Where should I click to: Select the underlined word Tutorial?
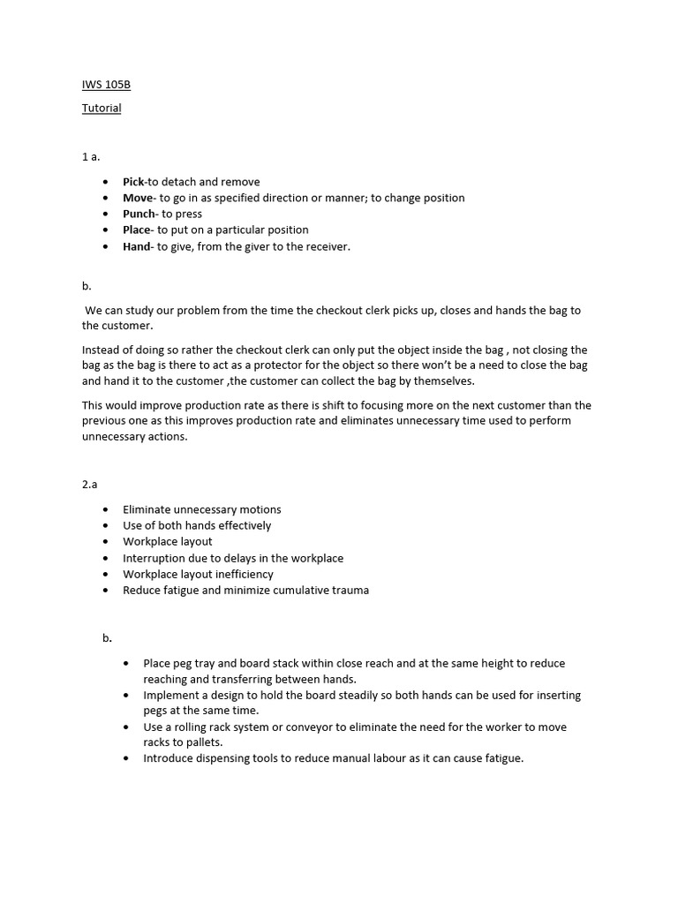pyautogui.click(x=102, y=109)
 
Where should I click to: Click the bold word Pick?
pyautogui.click(x=133, y=182)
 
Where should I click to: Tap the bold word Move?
pyautogui.click(x=138, y=198)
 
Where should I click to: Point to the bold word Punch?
pyautogui.click(x=139, y=214)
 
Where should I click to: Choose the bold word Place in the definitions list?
pyautogui.click(x=137, y=230)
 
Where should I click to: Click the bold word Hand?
pyautogui.click(x=137, y=246)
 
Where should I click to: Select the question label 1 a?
pyautogui.click(x=91, y=156)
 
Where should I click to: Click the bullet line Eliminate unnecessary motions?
pyautogui.click(x=202, y=509)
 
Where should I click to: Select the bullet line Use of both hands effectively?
pyautogui.click(x=197, y=525)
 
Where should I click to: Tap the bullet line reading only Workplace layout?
pyautogui.click(x=168, y=541)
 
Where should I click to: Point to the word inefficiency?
pyautogui.click(x=245, y=574)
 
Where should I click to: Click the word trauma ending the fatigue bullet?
pyautogui.click(x=350, y=590)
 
